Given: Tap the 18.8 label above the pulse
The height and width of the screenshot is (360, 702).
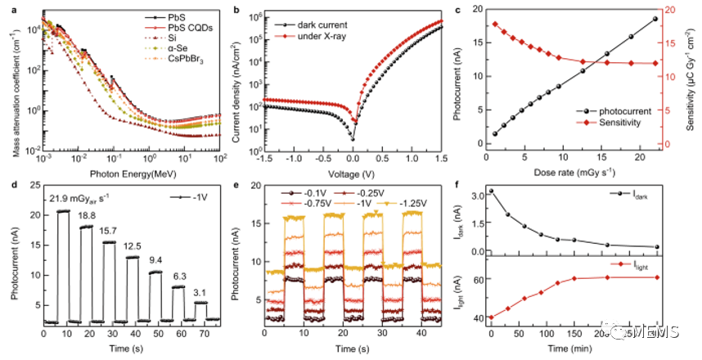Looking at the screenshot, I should (88, 218).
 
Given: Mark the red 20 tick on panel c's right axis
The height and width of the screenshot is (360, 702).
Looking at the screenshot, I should (668, 10).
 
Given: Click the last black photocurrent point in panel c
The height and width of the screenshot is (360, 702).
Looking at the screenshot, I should (655, 19).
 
